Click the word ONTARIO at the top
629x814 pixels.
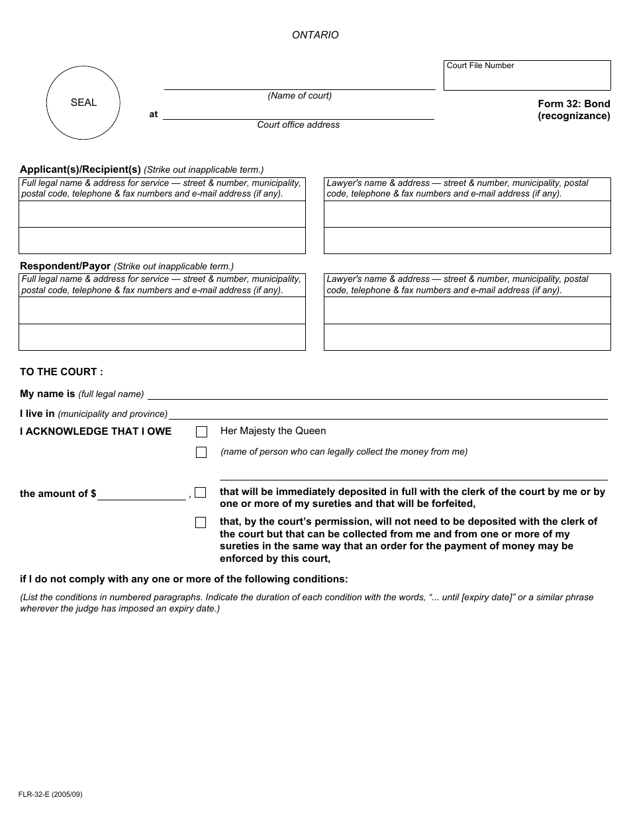(315, 35)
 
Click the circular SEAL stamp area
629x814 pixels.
(83, 103)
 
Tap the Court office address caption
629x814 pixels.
(298, 125)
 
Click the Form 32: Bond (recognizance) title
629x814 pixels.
(573, 110)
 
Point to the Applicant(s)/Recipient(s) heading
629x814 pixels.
(80, 169)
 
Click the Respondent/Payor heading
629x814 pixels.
(65, 266)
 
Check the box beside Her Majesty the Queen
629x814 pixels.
(201, 432)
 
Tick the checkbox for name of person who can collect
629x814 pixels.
(201, 453)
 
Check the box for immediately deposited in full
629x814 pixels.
(201, 492)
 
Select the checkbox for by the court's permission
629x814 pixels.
(201, 523)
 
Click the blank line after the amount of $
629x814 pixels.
(142, 495)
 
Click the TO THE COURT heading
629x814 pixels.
(62, 372)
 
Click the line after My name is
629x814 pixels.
(377, 394)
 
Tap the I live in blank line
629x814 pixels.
(388, 414)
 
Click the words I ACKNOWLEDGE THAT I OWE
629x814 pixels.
(95, 431)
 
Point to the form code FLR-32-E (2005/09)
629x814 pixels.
(51, 794)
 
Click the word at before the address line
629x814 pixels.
(154, 114)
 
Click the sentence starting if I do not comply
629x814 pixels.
(183, 579)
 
